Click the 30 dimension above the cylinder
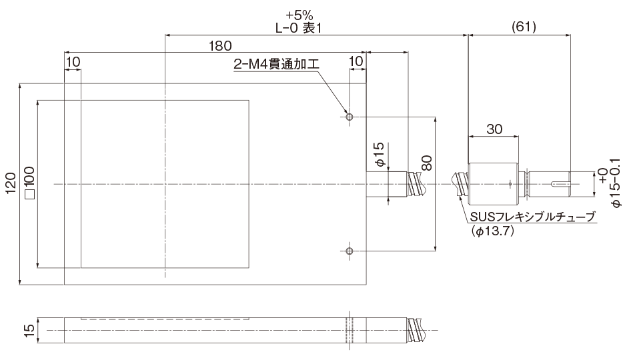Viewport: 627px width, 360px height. tap(494, 130)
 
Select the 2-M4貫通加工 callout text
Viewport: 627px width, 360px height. tap(275, 65)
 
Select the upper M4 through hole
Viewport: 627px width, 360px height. tap(349, 117)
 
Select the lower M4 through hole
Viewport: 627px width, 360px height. tap(349, 251)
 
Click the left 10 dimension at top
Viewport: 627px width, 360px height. tap(73, 61)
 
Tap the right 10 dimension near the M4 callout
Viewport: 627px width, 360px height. tap(356, 61)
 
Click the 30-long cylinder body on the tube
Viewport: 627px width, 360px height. tap(494, 184)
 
